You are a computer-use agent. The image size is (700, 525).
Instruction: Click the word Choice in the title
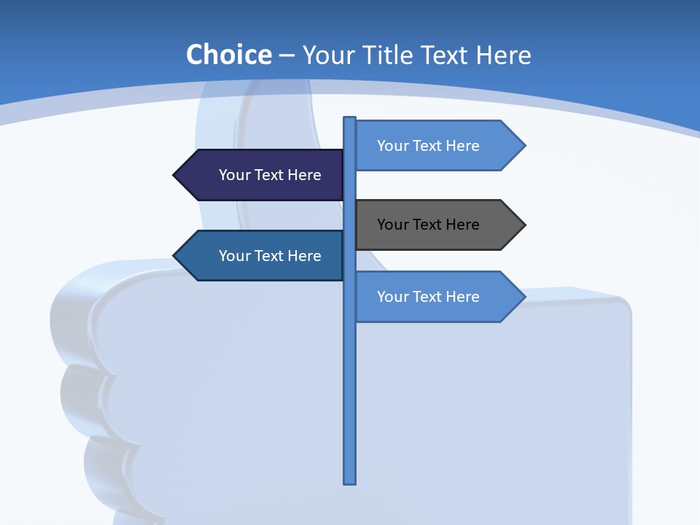coord(228,55)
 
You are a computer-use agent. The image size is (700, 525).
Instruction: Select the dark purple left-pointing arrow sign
coord(259,175)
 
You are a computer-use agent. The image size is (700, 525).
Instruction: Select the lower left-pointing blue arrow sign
coord(259,256)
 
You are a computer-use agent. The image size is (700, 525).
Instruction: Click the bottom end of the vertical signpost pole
coord(350,481)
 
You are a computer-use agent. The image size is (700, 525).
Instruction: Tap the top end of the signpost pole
coord(350,120)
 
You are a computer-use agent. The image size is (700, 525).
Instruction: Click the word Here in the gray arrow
coord(462,225)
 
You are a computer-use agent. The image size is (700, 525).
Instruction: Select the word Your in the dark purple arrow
coord(233,175)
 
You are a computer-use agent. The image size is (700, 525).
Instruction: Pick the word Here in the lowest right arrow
coord(462,297)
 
